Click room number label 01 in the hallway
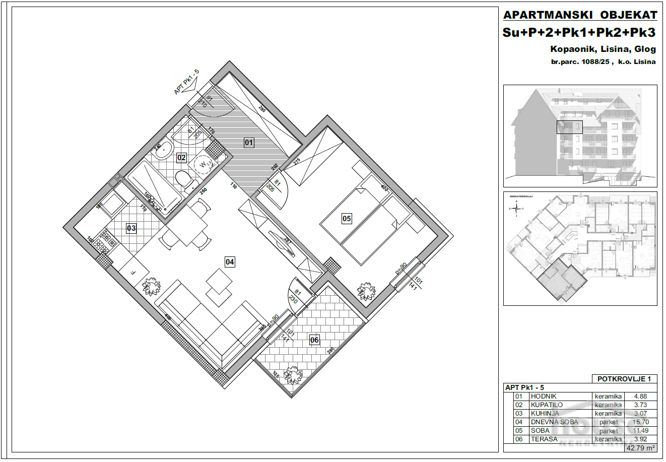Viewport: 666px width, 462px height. pyautogui.click(x=249, y=143)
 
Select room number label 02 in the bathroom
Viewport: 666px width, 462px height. pyautogui.click(x=181, y=158)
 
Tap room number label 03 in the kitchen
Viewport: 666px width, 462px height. pyautogui.click(x=131, y=228)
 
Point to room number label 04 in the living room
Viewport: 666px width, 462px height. pyautogui.click(x=230, y=261)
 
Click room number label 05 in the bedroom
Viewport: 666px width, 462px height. pyautogui.click(x=347, y=219)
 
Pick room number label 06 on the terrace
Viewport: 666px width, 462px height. pyautogui.click(x=314, y=340)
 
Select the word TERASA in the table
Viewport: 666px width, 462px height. pyautogui.click(x=544, y=439)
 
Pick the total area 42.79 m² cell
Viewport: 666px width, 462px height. pyautogui.click(x=640, y=447)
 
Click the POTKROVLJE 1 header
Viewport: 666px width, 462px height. pyautogui.click(x=624, y=379)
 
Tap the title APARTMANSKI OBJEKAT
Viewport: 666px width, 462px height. pyautogui.click(x=580, y=15)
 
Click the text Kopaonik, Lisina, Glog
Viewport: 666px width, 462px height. pyautogui.click(x=603, y=49)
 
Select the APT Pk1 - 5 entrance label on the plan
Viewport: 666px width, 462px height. pyautogui.click(x=187, y=82)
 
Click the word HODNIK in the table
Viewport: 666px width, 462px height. pyautogui.click(x=544, y=397)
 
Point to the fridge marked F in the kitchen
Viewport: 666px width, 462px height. pyautogui.click(x=132, y=272)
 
